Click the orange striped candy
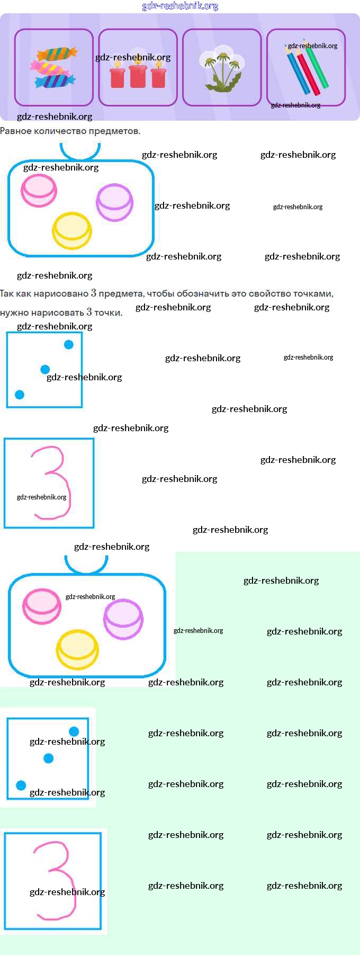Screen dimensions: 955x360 click(57, 53)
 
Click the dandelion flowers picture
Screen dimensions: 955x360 click(222, 68)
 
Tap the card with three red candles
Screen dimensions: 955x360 click(138, 68)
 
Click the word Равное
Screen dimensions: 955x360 click(15, 131)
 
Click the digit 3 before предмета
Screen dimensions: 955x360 click(94, 293)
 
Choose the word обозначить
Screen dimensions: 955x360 click(203, 293)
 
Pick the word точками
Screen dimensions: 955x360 click(314, 293)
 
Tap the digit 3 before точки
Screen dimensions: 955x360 click(89, 312)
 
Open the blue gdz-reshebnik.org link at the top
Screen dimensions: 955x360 click(180, 6)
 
